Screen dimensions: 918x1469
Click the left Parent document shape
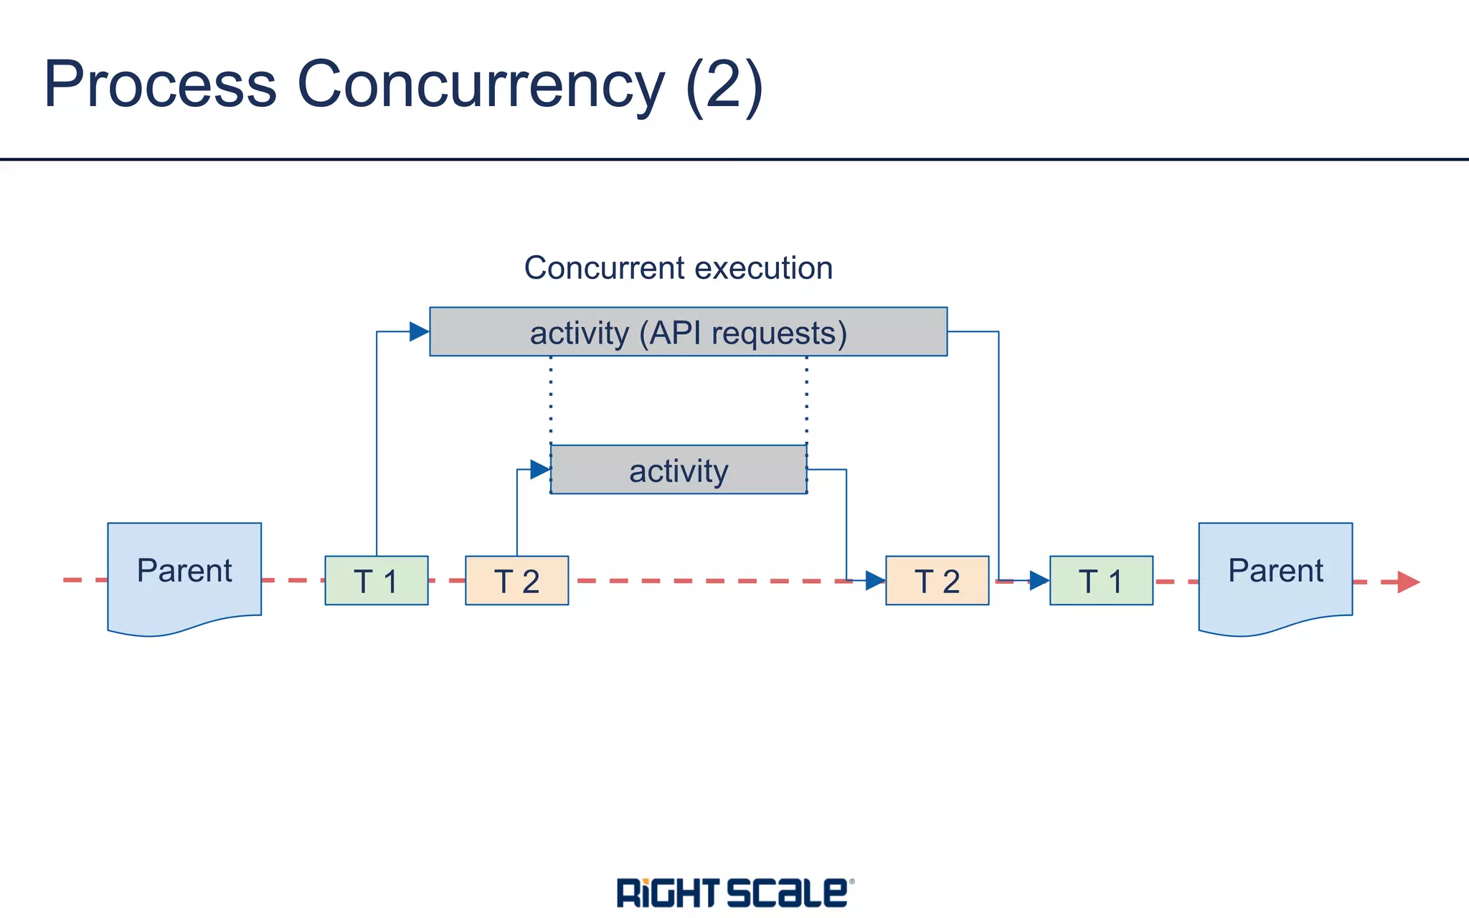tap(184, 574)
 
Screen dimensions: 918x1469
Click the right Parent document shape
tap(1275, 574)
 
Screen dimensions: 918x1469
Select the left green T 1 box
tap(377, 580)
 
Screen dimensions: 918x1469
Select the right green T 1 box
tap(1101, 580)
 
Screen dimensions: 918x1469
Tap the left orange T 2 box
tap(516, 580)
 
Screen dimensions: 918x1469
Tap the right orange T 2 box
tap(937, 580)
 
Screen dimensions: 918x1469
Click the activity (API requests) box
tap(688, 332)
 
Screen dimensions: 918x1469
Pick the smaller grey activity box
tap(679, 470)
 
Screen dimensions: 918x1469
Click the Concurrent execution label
tap(678, 268)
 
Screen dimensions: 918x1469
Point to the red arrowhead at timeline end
tap(1408, 582)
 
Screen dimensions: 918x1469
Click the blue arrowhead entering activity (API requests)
tap(419, 331)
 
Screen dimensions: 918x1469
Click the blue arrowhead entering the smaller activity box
tap(540, 470)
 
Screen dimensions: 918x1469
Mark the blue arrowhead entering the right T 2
tap(875, 580)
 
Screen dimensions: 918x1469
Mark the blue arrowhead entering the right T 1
tap(1039, 580)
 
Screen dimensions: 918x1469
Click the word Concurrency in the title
tap(481, 85)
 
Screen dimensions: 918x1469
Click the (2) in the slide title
tap(724, 85)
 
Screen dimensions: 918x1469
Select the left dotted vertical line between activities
tap(551, 399)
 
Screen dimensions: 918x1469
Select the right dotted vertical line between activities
tap(807, 399)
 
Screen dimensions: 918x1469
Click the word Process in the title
tap(160, 85)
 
